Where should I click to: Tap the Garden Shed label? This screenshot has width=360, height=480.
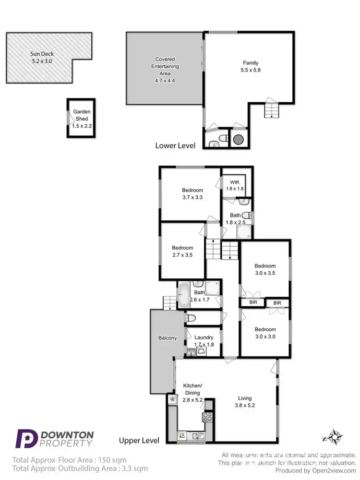[x=82, y=115]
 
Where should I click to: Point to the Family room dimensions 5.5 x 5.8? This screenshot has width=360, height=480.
[x=250, y=70]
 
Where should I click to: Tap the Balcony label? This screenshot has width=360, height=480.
[x=167, y=338]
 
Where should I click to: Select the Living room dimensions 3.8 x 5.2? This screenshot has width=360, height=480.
[x=244, y=405]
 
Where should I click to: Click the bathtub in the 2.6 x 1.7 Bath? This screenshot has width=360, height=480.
[x=184, y=295]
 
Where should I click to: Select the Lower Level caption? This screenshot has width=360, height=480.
[x=175, y=145]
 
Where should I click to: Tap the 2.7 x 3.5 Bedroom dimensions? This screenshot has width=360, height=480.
[x=182, y=255]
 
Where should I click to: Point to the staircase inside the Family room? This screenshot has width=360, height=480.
[x=271, y=110]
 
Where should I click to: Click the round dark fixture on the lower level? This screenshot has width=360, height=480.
[x=239, y=140]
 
